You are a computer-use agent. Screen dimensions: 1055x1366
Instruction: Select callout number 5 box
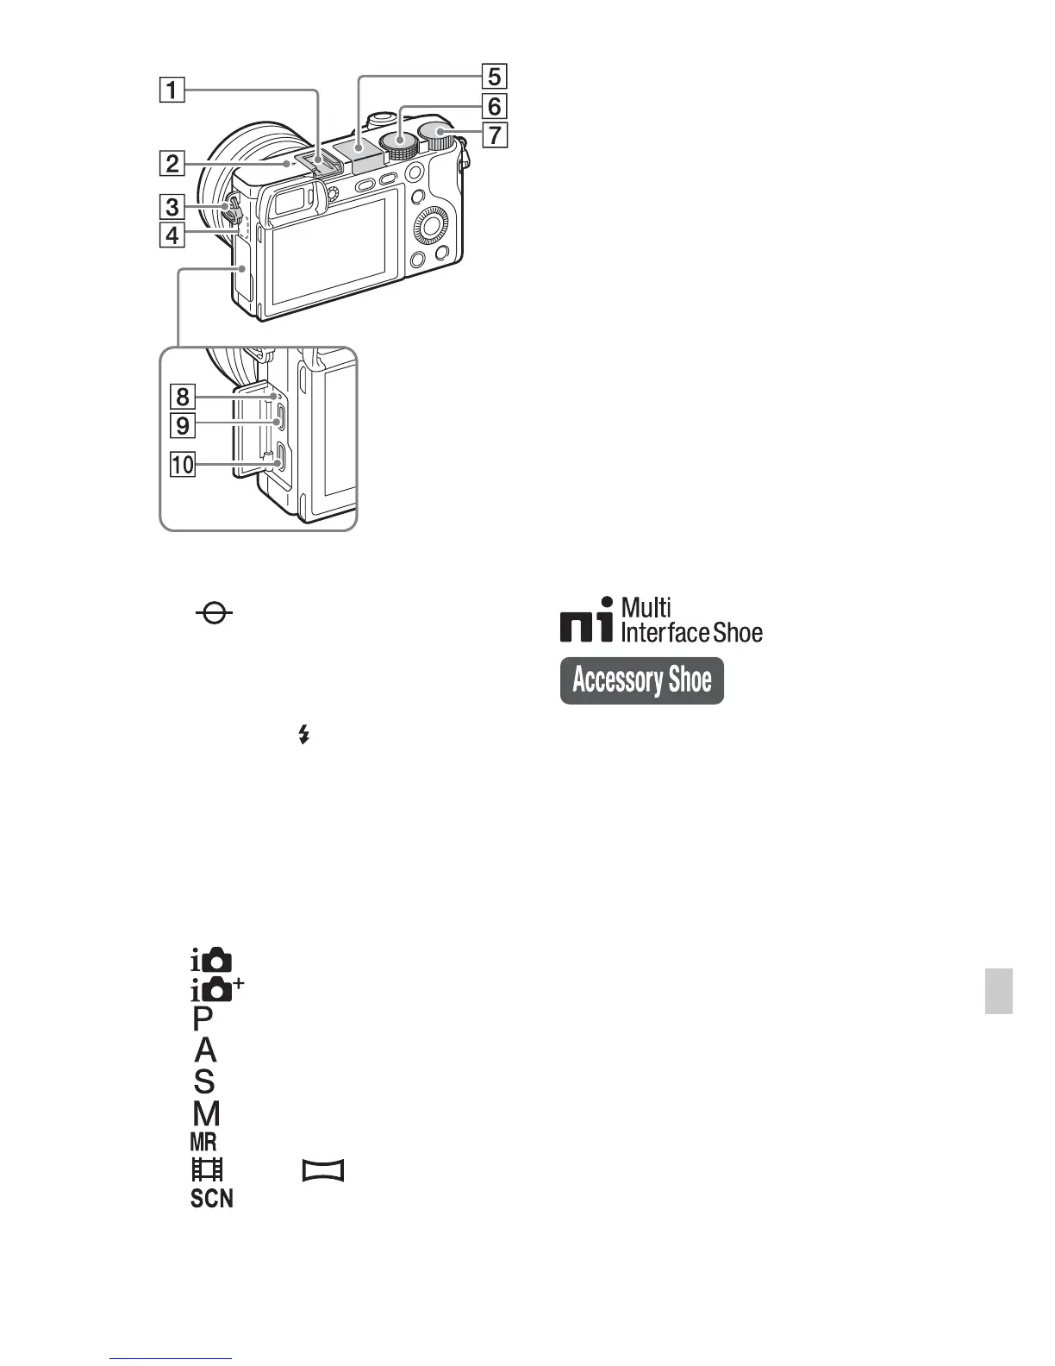pyautogui.click(x=493, y=76)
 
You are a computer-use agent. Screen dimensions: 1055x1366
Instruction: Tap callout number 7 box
pyautogui.click(x=493, y=135)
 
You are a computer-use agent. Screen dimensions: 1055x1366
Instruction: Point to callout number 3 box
pyautogui.click(x=172, y=206)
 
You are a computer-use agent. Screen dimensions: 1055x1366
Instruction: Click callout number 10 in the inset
pyautogui.click(x=183, y=465)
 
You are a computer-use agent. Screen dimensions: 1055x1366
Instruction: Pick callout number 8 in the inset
pyautogui.click(x=183, y=397)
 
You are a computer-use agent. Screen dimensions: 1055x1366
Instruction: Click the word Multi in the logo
pyautogui.click(x=646, y=607)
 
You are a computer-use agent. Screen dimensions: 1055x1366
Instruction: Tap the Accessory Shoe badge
pyautogui.click(x=642, y=680)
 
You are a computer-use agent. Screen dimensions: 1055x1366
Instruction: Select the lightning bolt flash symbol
pyautogui.click(x=303, y=735)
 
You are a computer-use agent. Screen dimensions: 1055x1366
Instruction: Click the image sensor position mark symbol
pyautogui.click(x=214, y=614)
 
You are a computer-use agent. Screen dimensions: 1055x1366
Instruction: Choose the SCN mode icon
pyautogui.click(x=212, y=1198)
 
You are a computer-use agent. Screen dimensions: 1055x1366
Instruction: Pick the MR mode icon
pyautogui.click(x=203, y=1142)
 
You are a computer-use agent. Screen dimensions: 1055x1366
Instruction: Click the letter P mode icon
pyautogui.click(x=203, y=1019)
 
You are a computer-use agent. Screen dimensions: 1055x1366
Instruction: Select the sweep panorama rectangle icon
pyautogui.click(x=323, y=1170)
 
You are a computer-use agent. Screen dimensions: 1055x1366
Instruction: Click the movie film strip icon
pyautogui.click(x=207, y=1169)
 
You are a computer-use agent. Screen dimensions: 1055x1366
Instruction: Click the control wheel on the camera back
pyautogui.click(x=430, y=227)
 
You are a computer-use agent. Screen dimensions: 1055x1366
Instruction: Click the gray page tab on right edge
pyautogui.click(x=999, y=991)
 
